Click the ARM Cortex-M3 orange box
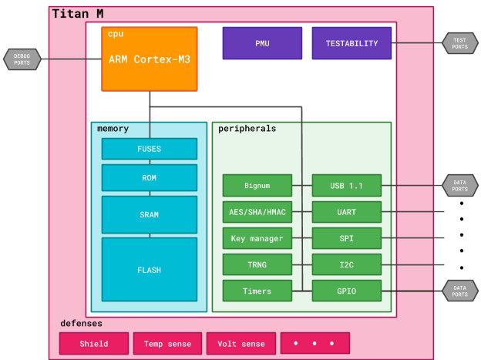pos(150,59)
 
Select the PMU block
pos(262,43)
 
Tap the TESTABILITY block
pos(351,43)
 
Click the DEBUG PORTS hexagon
pos(22,59)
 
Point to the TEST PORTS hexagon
pos(460,43)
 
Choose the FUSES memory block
pos(149,149)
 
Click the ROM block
pos(149,177)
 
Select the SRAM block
pos(149,214)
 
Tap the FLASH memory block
pos(149,270)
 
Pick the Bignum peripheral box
pos(257,185)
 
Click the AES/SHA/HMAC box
pos(257,211)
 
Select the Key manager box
pos(257,237)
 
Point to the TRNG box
pos(257,264)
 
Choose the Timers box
pos(257,291)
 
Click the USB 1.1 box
pos(347,185)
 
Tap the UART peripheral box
pos(347,211)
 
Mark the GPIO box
pos(347,291)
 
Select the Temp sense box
pos(167,343)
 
